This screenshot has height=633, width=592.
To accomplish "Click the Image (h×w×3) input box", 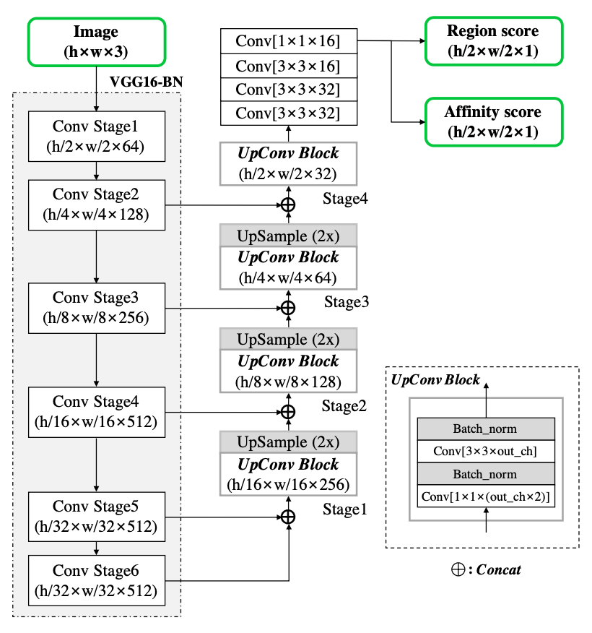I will point(97,40).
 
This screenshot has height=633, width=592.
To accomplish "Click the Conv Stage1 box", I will point(97,137).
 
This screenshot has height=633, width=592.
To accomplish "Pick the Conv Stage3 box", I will point(97,307).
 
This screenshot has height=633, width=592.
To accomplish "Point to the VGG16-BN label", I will point(146,81).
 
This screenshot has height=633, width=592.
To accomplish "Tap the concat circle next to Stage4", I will point(288,205).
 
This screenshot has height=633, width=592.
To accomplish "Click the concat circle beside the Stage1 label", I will point(288,516).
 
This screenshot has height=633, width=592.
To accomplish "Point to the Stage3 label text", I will point(347,301).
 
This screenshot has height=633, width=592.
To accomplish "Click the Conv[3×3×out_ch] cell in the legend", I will point(485,452).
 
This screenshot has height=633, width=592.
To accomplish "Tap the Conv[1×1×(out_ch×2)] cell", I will point(485,496).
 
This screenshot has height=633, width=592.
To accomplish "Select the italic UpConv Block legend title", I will point(435,380).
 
